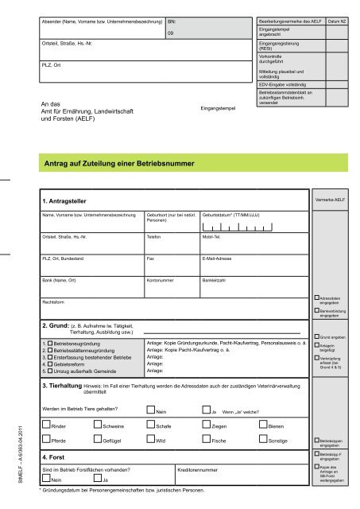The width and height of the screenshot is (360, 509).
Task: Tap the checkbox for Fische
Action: coord(206,441)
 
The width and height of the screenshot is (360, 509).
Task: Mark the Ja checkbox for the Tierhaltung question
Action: coord(206,411)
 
